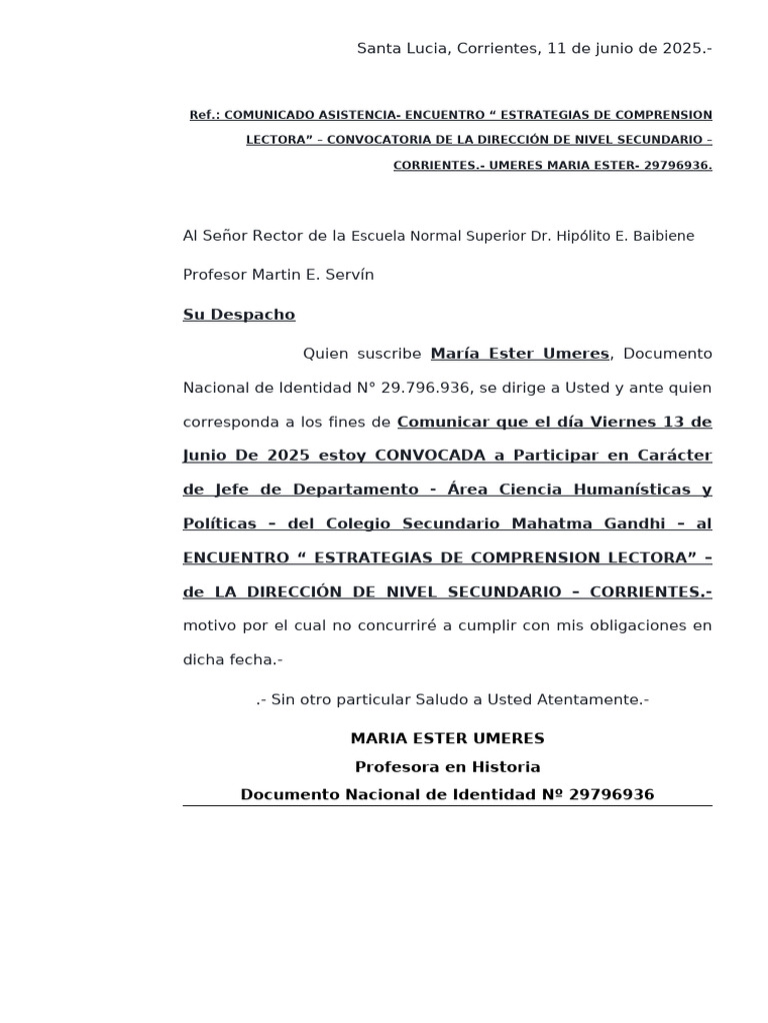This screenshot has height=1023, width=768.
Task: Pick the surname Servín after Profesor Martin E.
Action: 350,275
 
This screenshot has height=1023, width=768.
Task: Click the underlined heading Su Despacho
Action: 239,315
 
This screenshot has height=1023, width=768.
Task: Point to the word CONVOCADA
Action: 431,456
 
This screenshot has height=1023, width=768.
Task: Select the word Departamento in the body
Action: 355,490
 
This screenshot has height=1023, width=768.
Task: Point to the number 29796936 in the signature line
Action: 611,795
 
